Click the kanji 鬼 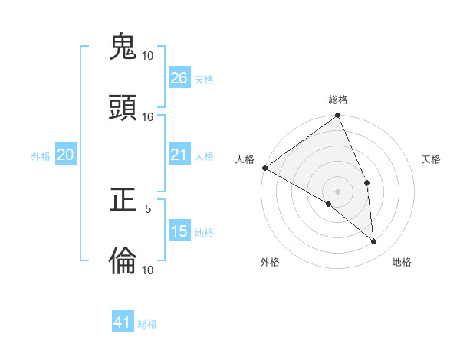click(x=123, y=47)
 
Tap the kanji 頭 click(x=123, y=108)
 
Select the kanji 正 click(x=123, y=200)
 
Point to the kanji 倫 click(x=123, y=261)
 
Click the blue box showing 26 click(x=179, y=78)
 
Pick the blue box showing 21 click(x=179, y=155)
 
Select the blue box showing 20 click(x=65, y=155)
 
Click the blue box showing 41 click(x=123, y=322)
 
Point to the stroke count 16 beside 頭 click(x=148, y=117)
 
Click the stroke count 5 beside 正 click(x=148, y=208)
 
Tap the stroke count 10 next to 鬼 click(x=148, y=56)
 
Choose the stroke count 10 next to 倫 click(x=148, y=270)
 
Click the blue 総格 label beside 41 click(x=147, y=324)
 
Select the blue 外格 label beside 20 click(x=41, y=156)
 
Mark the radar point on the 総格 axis click(x=337, y=116)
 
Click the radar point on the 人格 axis click(x=264, y=168)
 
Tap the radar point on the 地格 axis click(x=374, y=241)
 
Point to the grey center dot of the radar click(x=337, y=191)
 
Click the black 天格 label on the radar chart click(x=431, y=159)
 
